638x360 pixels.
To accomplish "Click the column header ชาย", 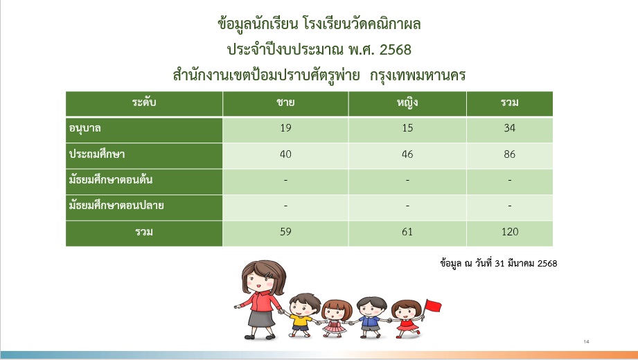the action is click(285, 102).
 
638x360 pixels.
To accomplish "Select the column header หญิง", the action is click(407, 102).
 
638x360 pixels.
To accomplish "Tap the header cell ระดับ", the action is click(144, 102).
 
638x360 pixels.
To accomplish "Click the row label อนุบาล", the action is click(85, 129).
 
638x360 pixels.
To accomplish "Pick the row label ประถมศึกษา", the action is click(97, 154).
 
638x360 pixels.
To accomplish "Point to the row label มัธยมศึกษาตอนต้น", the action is click(111, 179).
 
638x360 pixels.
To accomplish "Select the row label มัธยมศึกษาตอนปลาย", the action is click(116, 206).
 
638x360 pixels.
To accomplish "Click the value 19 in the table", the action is click(285, 128).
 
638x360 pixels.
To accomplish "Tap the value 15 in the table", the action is click(407, 128).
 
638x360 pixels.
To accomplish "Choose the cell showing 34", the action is click(509, 128).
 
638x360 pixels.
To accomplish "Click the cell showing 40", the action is click(285, 154).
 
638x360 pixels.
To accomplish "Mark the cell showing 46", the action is click(407, 154).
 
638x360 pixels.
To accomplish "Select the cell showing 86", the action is click(509, 154).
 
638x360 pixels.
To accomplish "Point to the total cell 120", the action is click(510, 232).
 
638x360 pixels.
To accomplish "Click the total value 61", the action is click(407, 232).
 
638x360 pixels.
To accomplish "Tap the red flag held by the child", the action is click(433, 305).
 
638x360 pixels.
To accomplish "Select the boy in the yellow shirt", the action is click(301, 315).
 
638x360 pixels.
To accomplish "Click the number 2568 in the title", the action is click(395, 50).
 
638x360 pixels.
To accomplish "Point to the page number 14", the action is click(586, 342).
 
